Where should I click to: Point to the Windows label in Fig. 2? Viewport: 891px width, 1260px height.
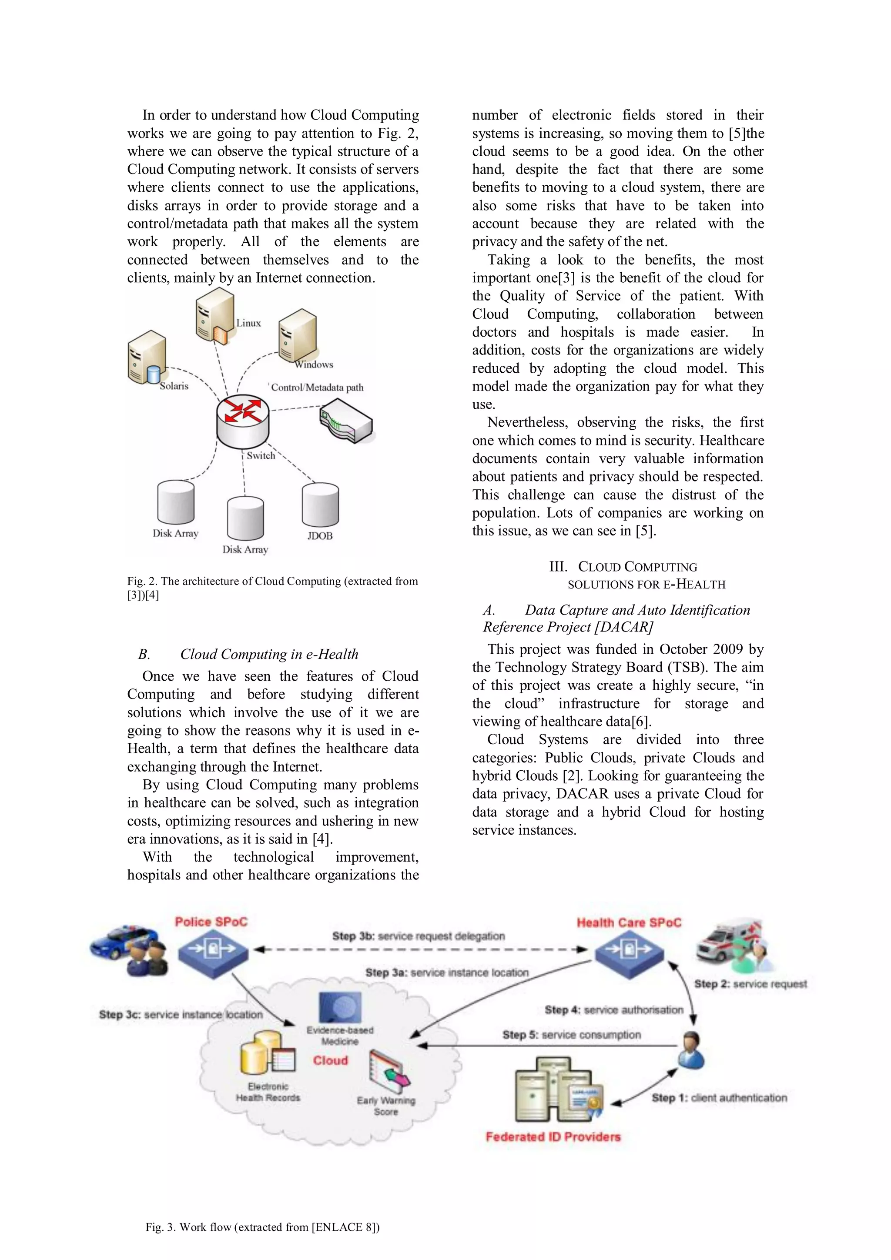click(314, 364)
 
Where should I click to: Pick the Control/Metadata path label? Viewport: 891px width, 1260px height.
click(317, 388)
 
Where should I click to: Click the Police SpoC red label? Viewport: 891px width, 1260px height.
click(211, 922)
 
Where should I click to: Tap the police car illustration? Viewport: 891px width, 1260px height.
click(118, 941)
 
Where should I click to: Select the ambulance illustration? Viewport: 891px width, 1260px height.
click(726, 942)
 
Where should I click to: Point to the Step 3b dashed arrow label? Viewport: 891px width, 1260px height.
click(419, 936)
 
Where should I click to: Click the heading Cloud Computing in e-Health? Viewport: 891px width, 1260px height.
click(269, 654)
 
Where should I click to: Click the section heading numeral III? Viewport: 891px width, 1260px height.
click(557, 567)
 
